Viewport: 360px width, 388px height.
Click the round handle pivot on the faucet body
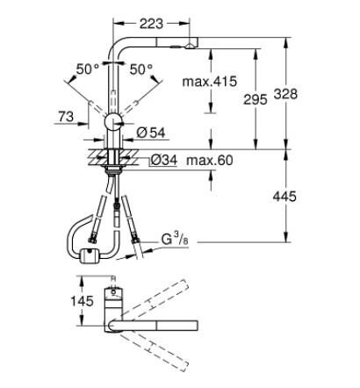pos(113,122)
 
